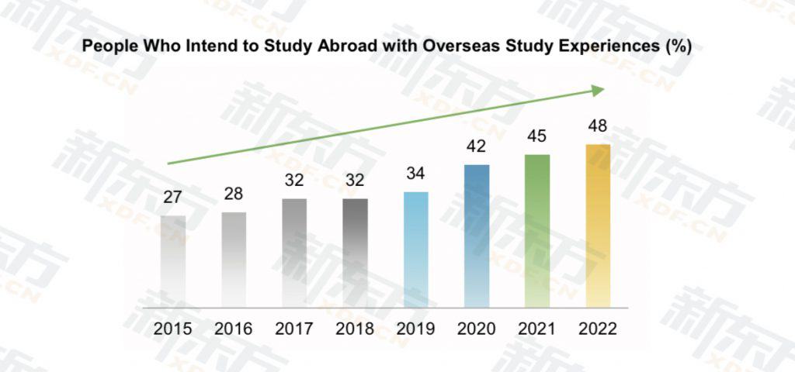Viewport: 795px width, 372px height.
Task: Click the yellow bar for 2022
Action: point(598,226)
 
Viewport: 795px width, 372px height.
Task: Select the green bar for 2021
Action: point(537,231)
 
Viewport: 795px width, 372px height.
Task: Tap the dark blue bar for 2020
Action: point(477,236)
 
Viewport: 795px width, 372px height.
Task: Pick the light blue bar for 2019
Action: point(416,250)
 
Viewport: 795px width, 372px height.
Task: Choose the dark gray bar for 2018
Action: point(356,253)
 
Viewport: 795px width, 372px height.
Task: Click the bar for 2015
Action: point(173,262)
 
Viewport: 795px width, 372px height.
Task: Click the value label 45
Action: point(537,136)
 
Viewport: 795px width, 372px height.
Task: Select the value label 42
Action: point(477,146)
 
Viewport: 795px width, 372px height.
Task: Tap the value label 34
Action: point(416,174)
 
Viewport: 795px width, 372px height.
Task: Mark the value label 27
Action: point(173,198)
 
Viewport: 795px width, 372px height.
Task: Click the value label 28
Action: point(234,194)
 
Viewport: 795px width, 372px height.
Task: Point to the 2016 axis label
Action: point(234,329)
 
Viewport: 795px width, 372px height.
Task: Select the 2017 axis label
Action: point(294,329)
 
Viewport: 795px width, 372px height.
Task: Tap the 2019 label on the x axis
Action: point(416,329)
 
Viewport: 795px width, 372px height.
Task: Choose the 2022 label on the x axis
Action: point(599,329)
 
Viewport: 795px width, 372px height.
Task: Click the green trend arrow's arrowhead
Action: point(599,91)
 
